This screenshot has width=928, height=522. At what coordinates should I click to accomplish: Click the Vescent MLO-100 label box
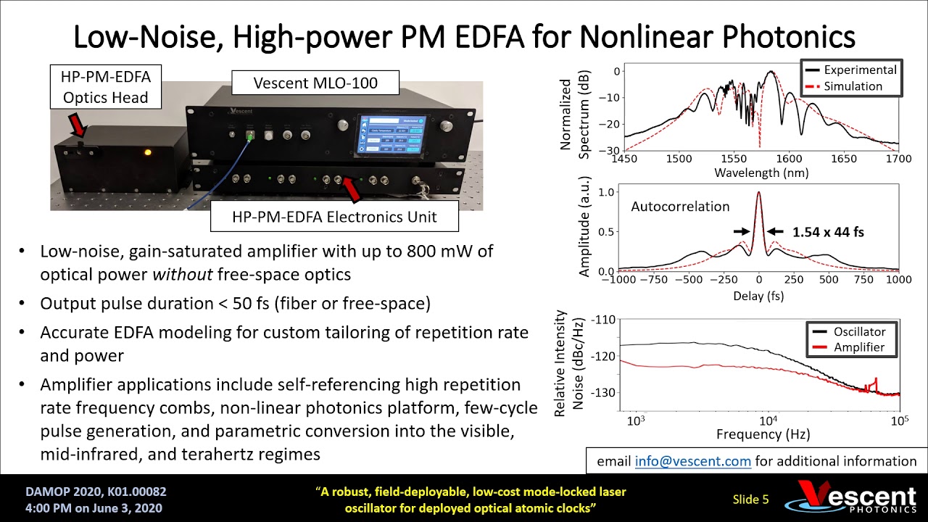[315, 83]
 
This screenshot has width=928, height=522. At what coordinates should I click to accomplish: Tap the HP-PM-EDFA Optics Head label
[106, 86]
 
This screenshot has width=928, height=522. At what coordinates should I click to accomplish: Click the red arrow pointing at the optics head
[77, 126]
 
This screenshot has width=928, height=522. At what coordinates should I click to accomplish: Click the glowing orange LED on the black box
[148, 153]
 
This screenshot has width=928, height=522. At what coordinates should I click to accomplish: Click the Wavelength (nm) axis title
[761, 173]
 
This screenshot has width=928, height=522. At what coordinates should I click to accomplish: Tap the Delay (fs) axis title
[758, 296]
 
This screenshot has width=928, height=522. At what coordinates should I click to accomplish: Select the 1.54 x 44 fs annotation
[828, 232]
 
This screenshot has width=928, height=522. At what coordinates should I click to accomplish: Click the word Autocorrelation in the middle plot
[679, 207]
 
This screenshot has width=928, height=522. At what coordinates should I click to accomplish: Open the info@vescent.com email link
[692, 461]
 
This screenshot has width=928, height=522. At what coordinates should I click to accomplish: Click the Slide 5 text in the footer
[750, 499]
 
